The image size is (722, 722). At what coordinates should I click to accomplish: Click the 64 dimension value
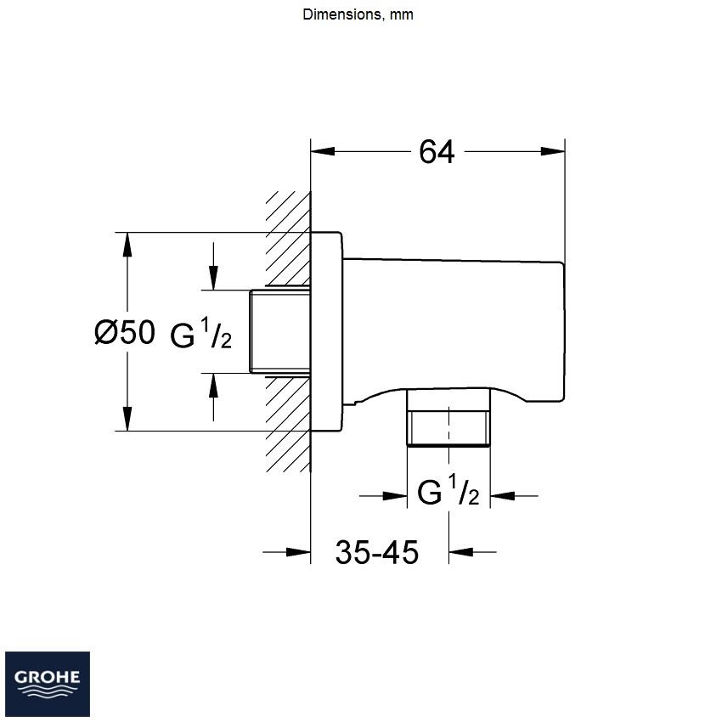click(x=437, y=151)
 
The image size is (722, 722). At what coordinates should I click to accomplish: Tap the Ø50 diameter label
click(x=124, y=332)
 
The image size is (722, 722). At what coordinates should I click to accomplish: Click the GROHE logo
click(x=48, y=684)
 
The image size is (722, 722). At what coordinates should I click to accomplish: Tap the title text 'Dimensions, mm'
click(x=358, y=14)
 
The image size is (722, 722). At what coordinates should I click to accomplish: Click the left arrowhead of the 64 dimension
click(x=322, y=151)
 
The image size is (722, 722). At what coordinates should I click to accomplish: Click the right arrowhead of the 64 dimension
click(x=553, y=151)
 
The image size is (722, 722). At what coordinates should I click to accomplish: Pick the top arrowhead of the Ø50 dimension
click(x=127, y=245)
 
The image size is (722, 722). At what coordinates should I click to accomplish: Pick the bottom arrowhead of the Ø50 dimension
click(x=127, y=419)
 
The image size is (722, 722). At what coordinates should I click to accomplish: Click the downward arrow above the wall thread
click(x=213, y=266)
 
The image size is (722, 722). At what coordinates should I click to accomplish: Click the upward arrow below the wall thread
click(x=213, y=397)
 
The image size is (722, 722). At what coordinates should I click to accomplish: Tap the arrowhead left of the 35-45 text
click(x=298, y=551)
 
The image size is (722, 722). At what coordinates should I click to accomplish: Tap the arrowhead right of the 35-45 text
click(x=461, y=551)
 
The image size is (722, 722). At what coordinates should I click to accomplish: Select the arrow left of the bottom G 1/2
click(x=383, y=496)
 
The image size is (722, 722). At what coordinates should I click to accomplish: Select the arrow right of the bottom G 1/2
click(x=514, y=496)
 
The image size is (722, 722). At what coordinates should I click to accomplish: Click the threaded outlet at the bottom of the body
click(x=448, y=418)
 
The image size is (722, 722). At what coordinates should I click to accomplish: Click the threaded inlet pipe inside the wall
click(x=280, y=331)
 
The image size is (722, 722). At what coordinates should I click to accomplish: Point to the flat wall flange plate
click(x=326, y=331)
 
